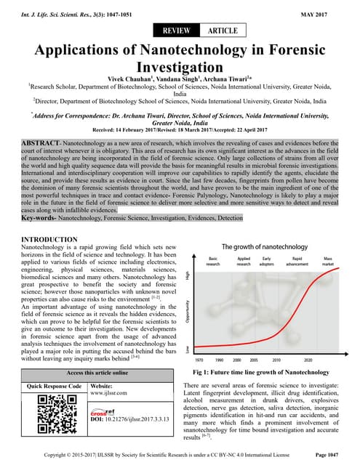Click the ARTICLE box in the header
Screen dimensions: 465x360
(222, 31)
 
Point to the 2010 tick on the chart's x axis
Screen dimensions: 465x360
(276, 359)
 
